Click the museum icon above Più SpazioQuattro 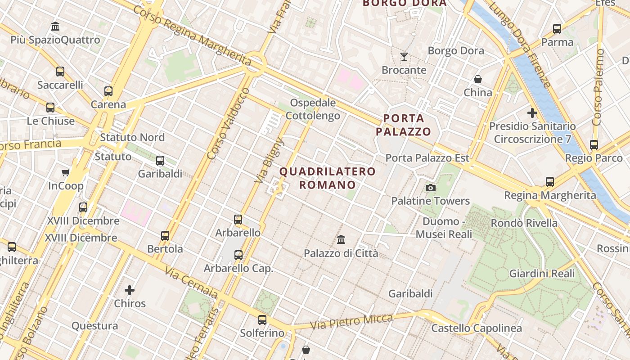(x=55, y=26)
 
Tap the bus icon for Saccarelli (x=60, y=72)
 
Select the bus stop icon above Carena (x=108, y=91)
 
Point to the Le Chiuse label (x=51, y=121)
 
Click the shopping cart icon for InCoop (x=66, y=172)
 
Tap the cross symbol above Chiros (x=130, y=290)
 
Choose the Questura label (x=95, y=326)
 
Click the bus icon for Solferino (x=262, y=320)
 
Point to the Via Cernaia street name (x=191, y=283)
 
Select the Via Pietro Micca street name (x=351, y=321)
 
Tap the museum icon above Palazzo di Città (x=341, y=239)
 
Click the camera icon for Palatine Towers (x=431, y=188)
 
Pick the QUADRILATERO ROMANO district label (x=328, y=178)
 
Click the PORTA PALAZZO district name (x=404, y=125)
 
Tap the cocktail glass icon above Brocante (x=404, y=57)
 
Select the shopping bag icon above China (x=478, y=79)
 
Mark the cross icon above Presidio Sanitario (x=532, y=112)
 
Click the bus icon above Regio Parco (x=594, y=145)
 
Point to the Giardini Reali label (x=542, y=274)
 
